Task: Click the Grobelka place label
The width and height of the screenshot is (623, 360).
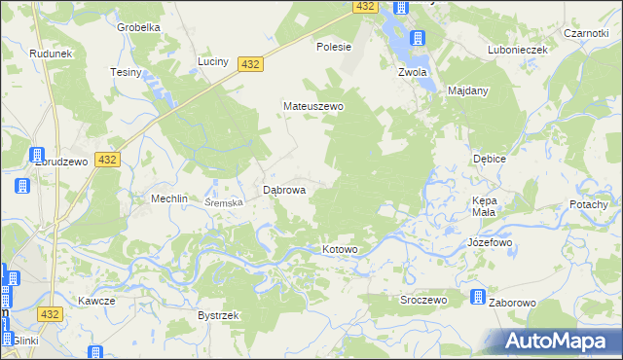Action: coord(138,27)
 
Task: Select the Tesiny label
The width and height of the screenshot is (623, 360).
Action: coord(127,73)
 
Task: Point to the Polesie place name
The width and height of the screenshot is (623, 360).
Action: coord(334,46)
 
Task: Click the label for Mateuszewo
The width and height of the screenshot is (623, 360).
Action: coord(313,106)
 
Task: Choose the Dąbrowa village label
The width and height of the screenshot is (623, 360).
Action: coord(285,191)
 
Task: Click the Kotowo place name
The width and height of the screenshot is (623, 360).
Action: coord(340,250)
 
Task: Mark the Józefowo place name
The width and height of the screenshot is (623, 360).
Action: coord(490,241)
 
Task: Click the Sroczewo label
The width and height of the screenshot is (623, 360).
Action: coord(423,300)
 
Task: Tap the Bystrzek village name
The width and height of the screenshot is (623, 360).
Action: coord(218,316)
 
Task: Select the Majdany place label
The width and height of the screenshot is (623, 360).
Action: coord(467,90)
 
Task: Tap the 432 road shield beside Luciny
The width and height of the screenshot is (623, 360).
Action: coord(250,63)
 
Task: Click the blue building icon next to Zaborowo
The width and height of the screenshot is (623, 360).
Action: coord(478,297)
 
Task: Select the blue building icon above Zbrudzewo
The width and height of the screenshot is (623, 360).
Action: coord(40,155)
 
